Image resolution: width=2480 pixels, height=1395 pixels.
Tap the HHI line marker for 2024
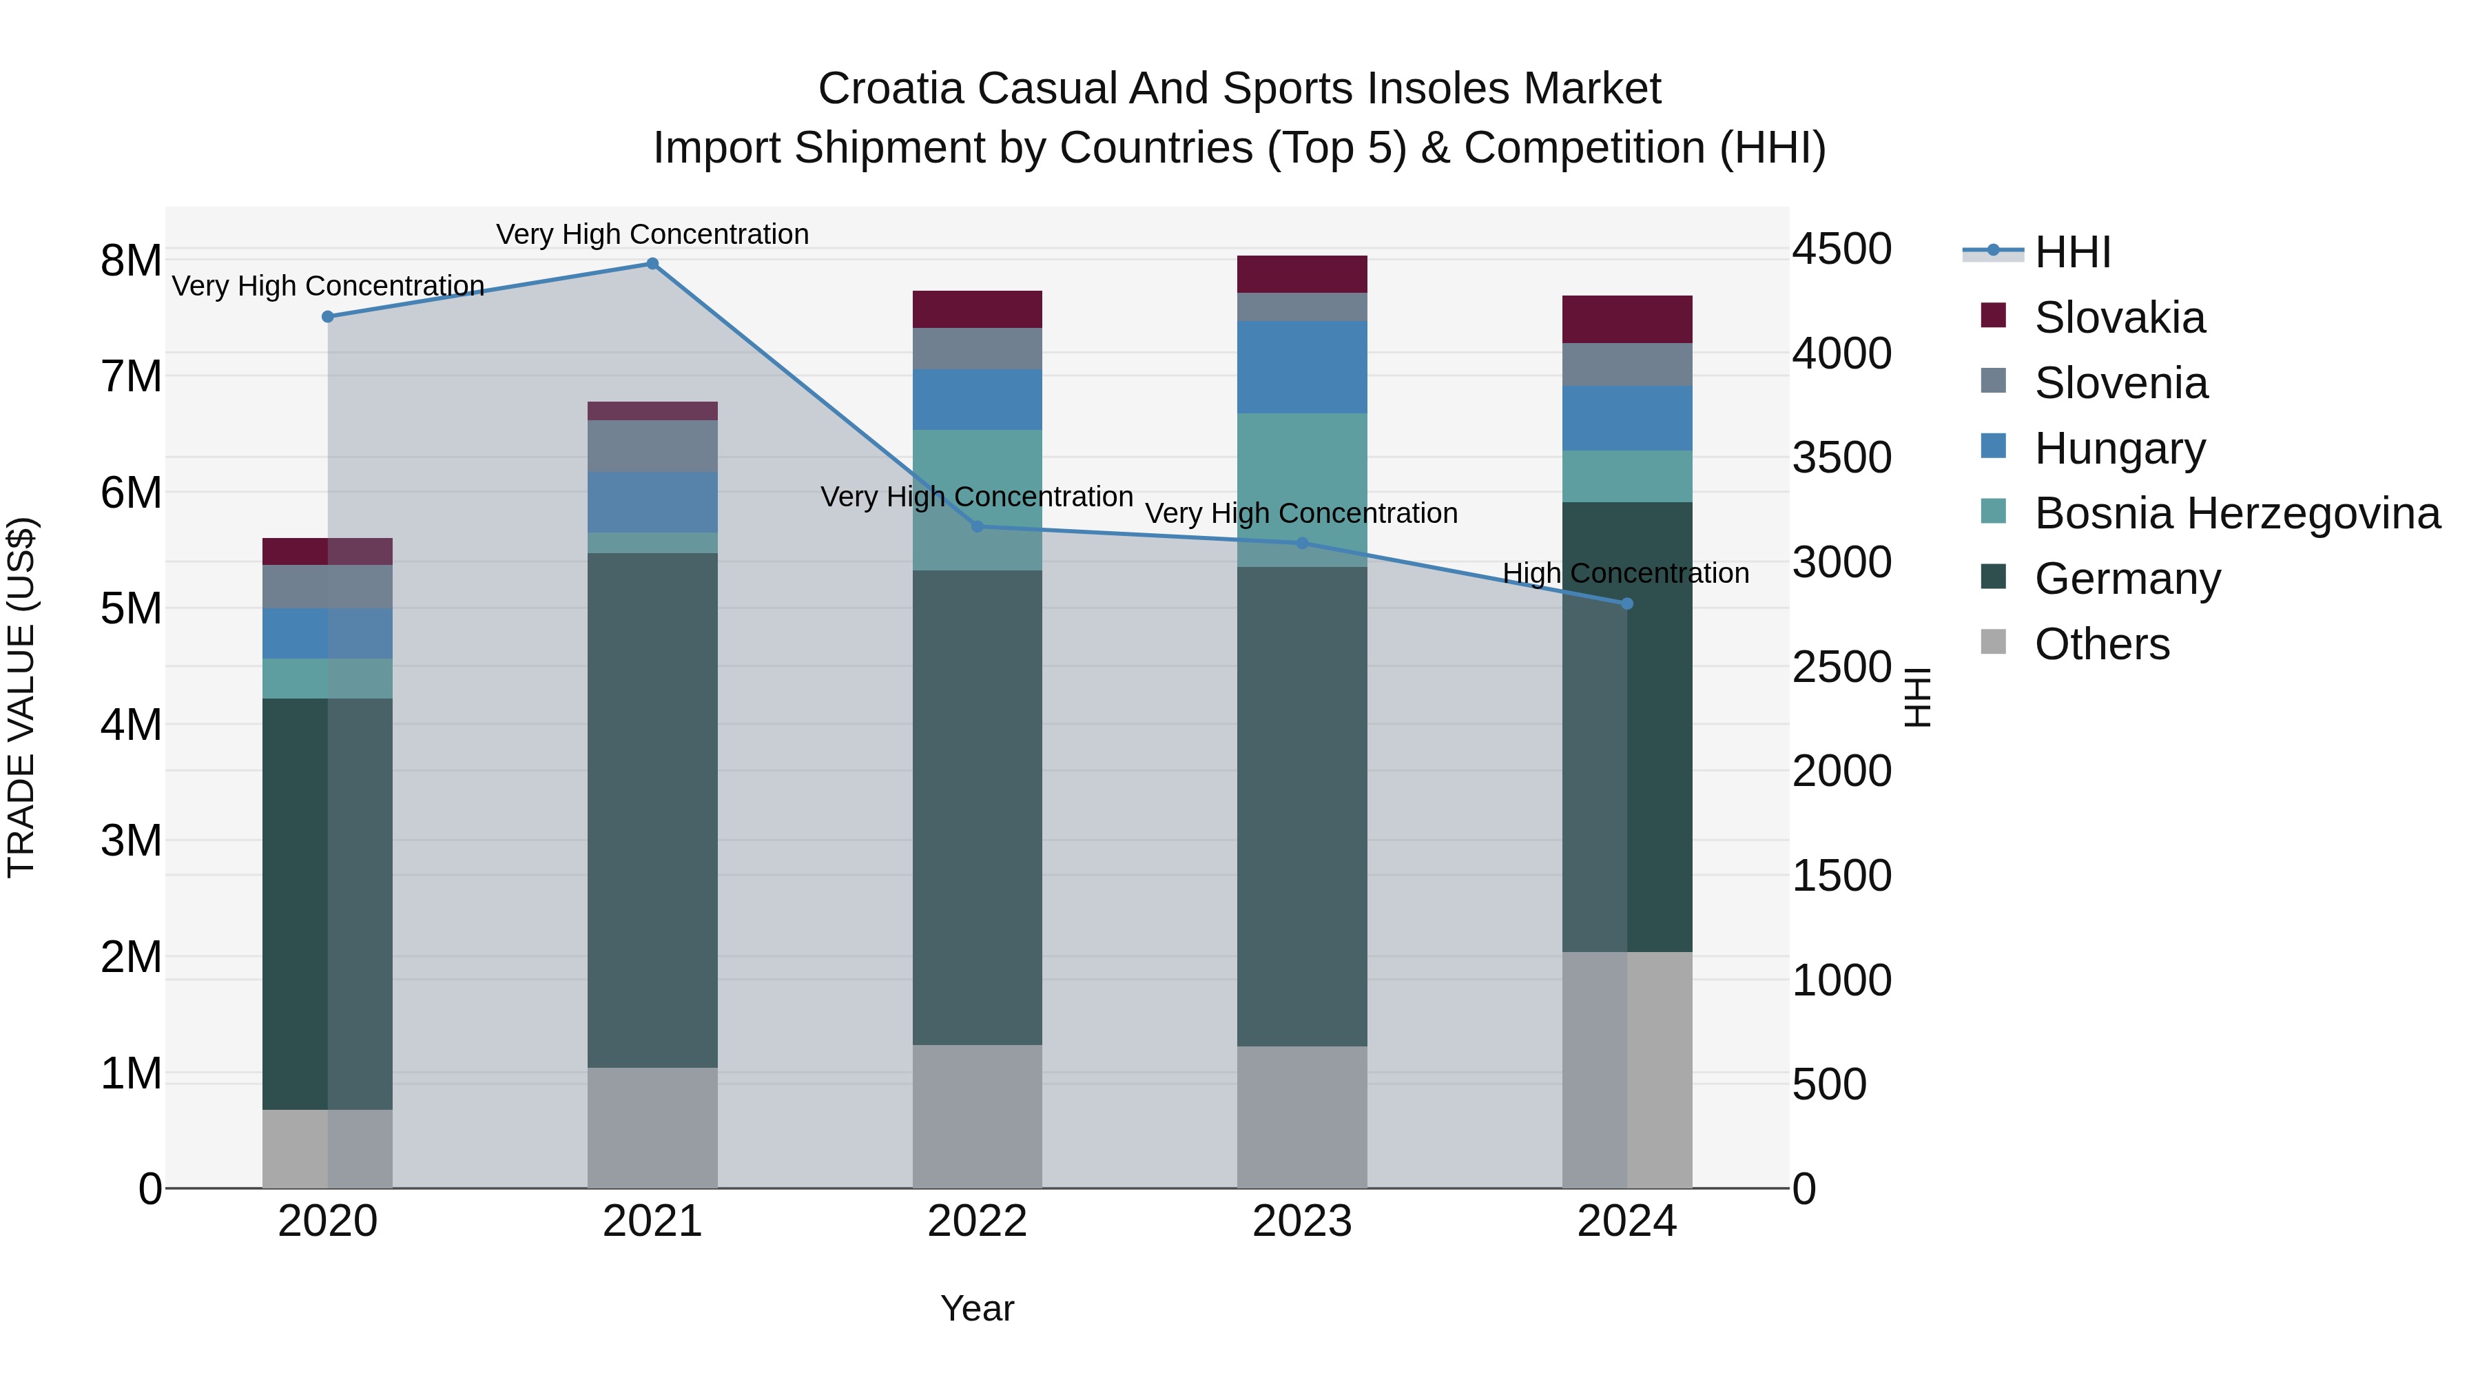(1627, 603)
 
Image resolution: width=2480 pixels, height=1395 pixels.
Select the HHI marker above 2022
(977, 526)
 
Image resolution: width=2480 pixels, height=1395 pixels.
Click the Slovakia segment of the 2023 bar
(1301, 274)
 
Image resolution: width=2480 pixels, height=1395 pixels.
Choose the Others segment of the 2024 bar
(1627, 1068)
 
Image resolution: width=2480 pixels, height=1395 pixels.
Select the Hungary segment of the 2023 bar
(1301, 366)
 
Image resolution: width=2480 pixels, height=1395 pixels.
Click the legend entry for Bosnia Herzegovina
(2236, 513)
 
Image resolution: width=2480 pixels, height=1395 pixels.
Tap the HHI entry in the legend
(2071, 252)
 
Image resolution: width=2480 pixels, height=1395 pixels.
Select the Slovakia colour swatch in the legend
(1993, 316)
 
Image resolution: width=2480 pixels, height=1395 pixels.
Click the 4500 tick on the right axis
(1841, 249)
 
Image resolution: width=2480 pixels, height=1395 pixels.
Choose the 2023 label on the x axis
(1301, 1221)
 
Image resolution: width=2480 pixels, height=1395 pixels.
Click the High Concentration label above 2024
(1625, 573)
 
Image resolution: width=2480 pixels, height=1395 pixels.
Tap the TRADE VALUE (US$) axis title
(21, 697)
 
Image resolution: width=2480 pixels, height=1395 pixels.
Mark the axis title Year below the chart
(976, 1308)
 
